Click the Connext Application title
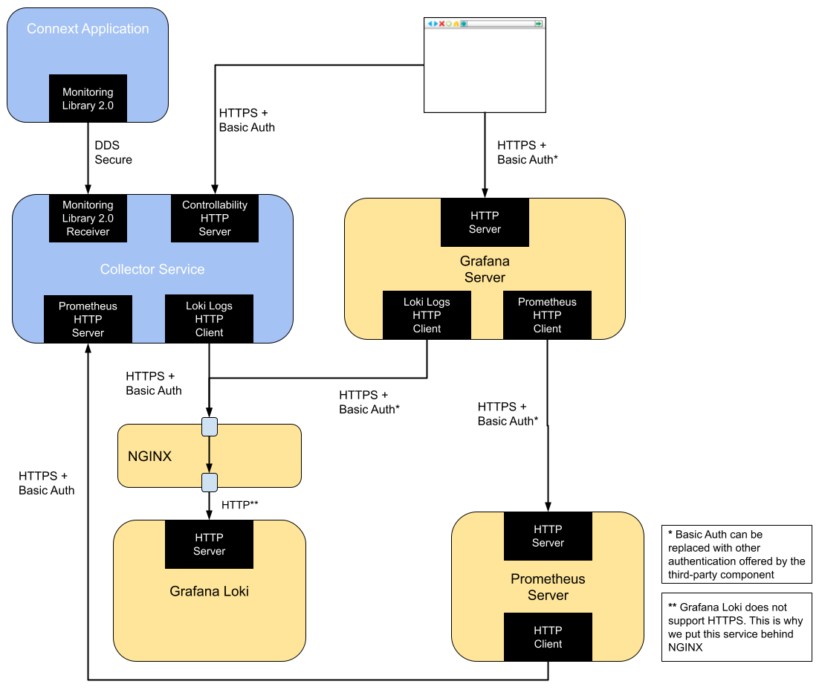tap(88, 29)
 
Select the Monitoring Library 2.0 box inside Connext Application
tap(88, 98)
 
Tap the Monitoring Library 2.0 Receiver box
tap(88, 219)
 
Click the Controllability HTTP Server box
tap(214, 219)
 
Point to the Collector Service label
tap(152, 269)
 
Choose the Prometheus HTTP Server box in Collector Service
tap(88, 319)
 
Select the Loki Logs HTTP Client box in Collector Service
tap(209, 319)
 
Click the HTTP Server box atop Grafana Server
tap(485, 222)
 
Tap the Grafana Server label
tap(485, 269)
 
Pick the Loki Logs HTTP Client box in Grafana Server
tap(427, 315)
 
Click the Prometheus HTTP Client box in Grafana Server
tap(547, 315)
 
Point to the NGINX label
tap(149, 457)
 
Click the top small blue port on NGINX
tap(210, 427)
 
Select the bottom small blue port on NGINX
tap(210, 483)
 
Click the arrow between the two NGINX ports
tap(210, 454)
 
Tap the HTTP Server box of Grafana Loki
tap(209, 544)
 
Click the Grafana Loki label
tap(209, 592)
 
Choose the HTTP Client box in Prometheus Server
tap(548, 637)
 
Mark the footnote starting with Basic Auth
tap(736, 554)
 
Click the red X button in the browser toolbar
tap(441, 24)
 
